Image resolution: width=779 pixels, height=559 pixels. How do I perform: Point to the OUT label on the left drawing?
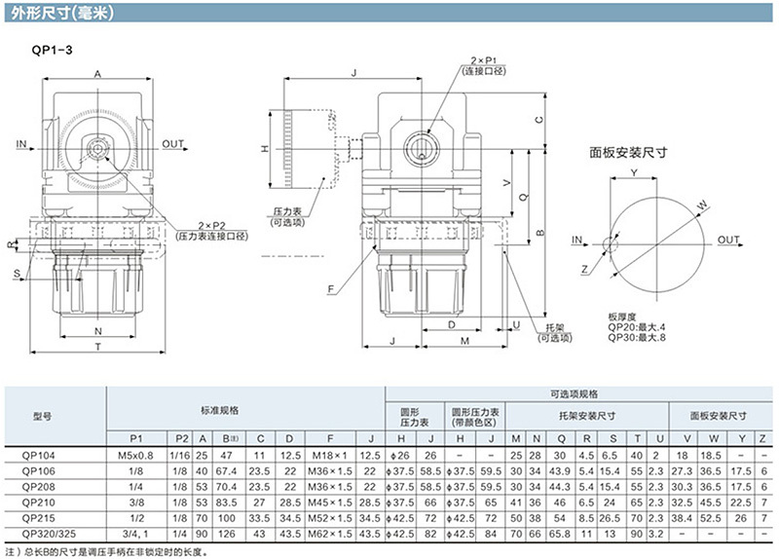(x=173, y=144)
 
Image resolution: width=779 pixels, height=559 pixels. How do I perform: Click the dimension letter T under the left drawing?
(x=97, y=347)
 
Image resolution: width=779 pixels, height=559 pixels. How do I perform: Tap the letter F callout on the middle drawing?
(x=332, y=289)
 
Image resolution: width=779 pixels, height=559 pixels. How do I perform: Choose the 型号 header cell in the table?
(x=42, y=416)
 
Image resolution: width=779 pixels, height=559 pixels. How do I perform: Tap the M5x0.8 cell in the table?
(x=136, y=455)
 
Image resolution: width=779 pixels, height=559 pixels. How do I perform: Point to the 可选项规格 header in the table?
(x=572, y=393)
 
